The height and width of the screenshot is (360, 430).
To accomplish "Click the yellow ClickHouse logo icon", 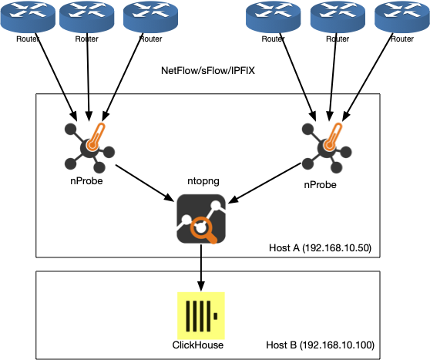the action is [201, 316].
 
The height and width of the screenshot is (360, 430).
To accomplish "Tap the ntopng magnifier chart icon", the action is [201, 219].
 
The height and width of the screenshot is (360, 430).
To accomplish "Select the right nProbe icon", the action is [327, 148].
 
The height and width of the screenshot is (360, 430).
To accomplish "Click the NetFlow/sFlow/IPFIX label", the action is [208, 71].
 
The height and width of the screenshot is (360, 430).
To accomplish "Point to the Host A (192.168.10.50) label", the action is [320, 247].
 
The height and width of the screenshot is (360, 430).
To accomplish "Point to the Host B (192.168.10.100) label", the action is [320, 345].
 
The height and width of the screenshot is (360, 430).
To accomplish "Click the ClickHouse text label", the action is [198, 345].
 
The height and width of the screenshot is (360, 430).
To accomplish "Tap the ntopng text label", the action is [203, 181].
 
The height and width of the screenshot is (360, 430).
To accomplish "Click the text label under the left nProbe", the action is [86, 181].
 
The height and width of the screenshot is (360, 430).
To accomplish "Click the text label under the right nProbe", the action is [320, 185].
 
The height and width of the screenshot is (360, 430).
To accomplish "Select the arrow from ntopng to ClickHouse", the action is [201, 267].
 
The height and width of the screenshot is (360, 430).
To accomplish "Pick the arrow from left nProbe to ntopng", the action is [145, 183].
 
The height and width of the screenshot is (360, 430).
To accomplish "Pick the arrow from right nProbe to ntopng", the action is [264, 183].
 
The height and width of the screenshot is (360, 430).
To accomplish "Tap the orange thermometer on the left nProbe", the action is [96, 136].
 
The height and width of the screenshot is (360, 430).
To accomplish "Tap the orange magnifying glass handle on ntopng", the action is [211, 237].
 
